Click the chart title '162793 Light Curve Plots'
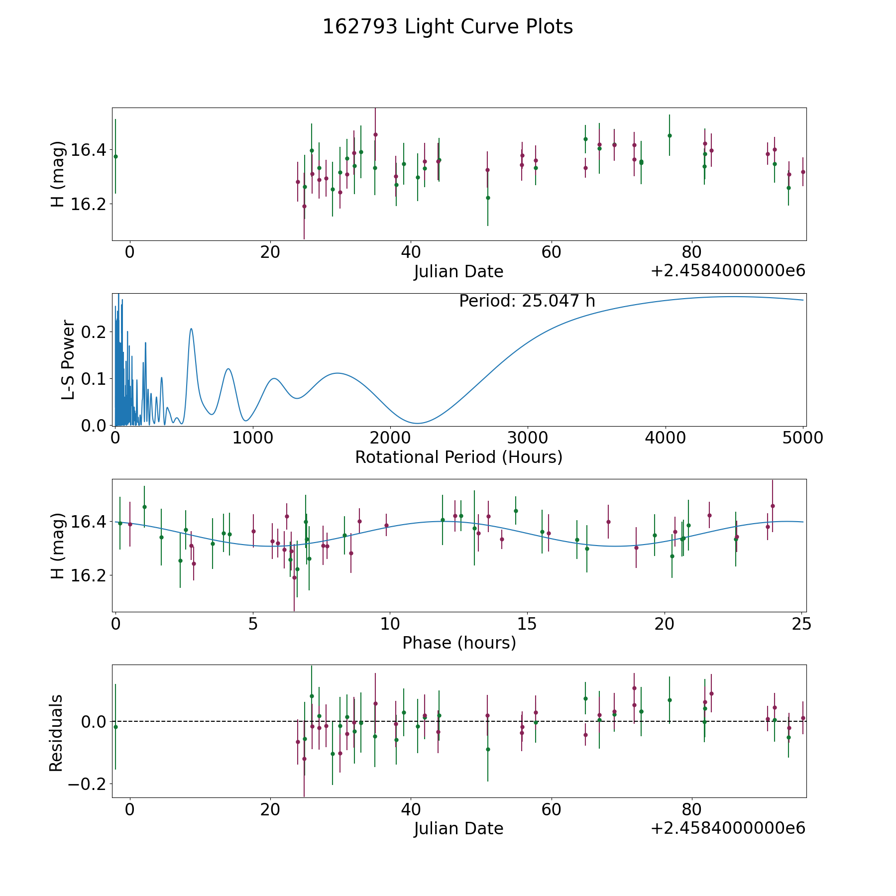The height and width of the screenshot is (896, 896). coord(448,27)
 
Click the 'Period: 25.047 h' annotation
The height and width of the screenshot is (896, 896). coord(527,301)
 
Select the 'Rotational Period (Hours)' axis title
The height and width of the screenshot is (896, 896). coord(458,457)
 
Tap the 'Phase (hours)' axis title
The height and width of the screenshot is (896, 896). coord(459,643)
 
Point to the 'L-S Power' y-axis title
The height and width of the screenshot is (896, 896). coord(68,360)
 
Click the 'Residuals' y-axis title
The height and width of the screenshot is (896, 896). coord(56,733)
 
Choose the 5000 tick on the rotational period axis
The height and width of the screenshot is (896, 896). coord(803,438)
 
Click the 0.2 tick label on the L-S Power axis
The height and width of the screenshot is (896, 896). coord(94,332)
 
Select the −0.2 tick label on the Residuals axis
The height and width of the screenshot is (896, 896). coord(88,784)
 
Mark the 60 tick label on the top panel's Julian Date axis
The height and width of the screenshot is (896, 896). coord(552,252)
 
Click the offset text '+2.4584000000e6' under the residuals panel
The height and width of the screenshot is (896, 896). coord(728,828)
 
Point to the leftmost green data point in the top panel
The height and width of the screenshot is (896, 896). coord(115,156)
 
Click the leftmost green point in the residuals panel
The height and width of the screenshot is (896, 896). coord(115,727)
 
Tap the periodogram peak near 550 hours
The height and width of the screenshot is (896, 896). coord(191,329)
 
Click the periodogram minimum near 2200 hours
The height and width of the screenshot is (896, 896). coord(418,424)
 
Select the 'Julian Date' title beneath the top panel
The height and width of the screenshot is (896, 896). coord(458,272)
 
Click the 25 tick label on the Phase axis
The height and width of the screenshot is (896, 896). coord(801,624)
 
